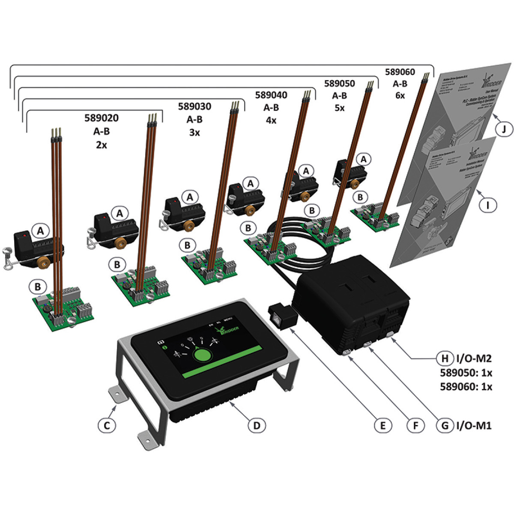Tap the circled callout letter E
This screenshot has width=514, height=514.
pyautogui.click(x=383, y=425)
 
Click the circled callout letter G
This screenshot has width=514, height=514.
pyautogui.click(x=445, y=425)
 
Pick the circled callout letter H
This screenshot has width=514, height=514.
pyautogui.click(x=445, y=358)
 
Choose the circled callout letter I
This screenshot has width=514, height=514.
pyautogui.click(x=488, y=205)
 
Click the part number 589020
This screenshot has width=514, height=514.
pyautogui.click(x=101, y=118)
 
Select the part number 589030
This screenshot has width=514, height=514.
pyautogui.click(x=194, y=106)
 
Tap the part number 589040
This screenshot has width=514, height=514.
pyautogui.click(x=271, y=94)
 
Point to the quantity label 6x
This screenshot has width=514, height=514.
pyautogui.click(x=400, y=96)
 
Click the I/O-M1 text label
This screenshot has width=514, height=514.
pyautogui.click(x=473, y=425)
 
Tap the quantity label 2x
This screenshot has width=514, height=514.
pyautogui.click(x=101, y=145)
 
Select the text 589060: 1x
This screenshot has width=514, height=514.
pyautogui.click(x=466, y=386)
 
